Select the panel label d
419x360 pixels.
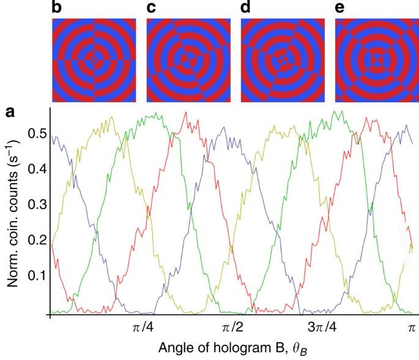246,9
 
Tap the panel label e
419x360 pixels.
340,9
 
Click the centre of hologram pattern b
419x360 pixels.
93,59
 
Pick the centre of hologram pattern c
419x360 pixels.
188,59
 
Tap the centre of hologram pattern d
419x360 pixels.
282,59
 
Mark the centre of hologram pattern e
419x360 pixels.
376,59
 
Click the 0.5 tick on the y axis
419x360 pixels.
32,133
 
